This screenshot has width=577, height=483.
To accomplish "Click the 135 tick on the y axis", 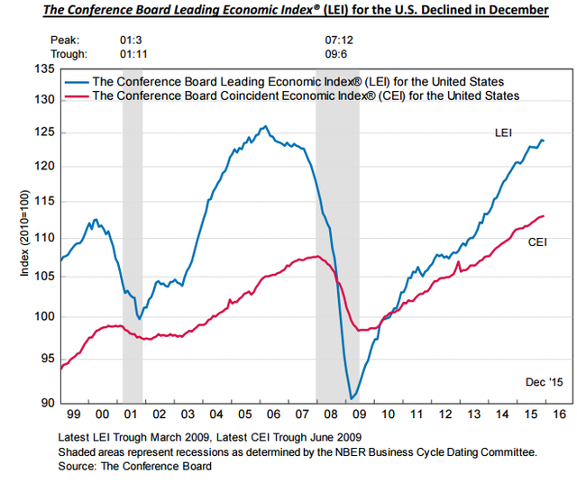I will pos(44,68).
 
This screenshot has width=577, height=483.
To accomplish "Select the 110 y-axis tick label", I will pos(44,238).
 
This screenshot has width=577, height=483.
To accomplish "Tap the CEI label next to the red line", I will pos(538,241).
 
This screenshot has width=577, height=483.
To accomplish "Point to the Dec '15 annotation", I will pos(544,383).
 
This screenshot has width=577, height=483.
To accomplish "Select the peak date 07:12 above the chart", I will pos(338,41).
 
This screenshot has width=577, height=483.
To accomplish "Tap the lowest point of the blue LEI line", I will pos(351,398).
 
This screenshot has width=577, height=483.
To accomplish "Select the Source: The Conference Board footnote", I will pos(133,466).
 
